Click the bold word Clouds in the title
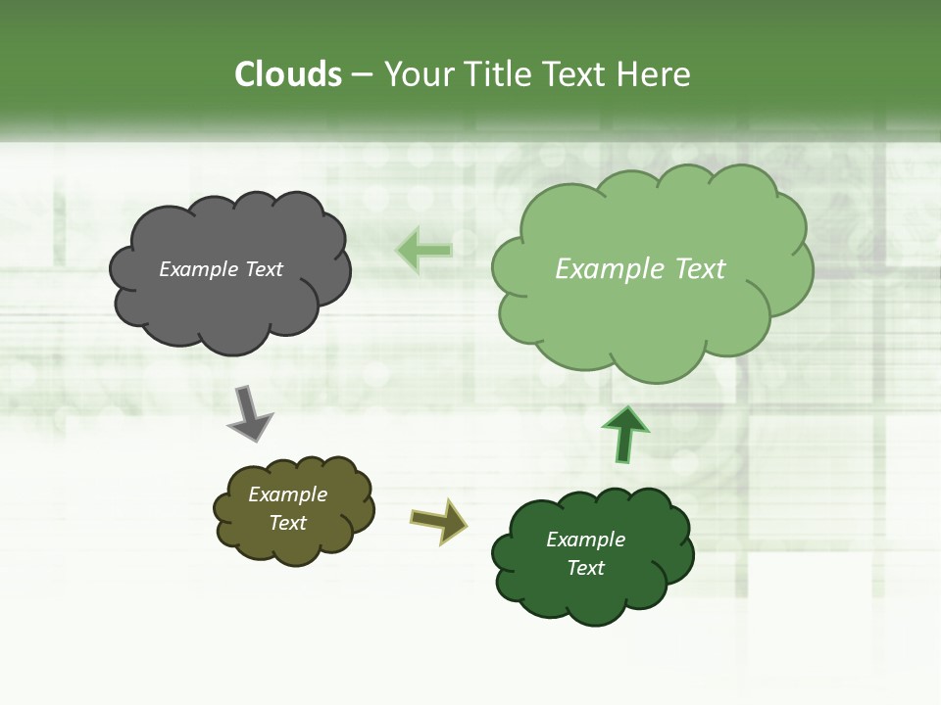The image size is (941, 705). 288,74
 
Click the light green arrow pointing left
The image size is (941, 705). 423,251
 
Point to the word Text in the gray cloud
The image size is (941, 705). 264,269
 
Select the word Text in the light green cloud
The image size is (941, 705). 700,269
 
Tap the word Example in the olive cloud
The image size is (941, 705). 287,495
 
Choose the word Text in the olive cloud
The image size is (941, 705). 287,523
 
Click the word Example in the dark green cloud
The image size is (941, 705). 585,540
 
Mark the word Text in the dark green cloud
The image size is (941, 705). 585,568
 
